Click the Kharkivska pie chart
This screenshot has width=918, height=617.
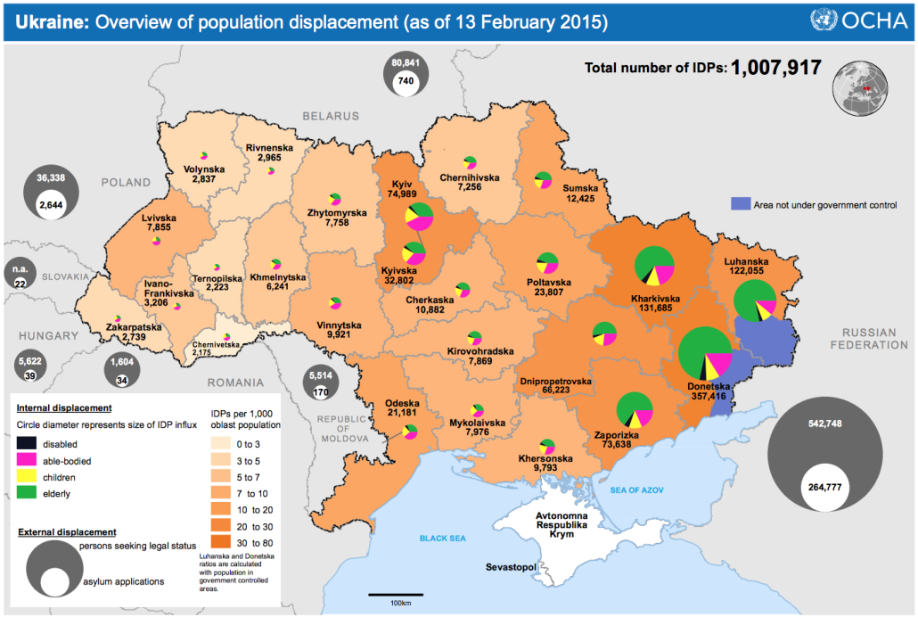pyautogui.click(x=654, y=266)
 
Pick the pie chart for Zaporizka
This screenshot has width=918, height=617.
pyautogui.click(x=634, y=410)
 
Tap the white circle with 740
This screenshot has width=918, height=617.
pyautogui.click(x=406, y=81)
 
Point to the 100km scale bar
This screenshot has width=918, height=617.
pyautogui.click(x=389, y=594)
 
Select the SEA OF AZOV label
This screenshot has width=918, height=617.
pyautogui.click(x=633, y=490)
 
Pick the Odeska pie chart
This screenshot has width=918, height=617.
pyautogui.click(x=409, y=432)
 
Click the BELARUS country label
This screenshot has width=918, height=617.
pyautogui.click(x=331, y=116)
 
